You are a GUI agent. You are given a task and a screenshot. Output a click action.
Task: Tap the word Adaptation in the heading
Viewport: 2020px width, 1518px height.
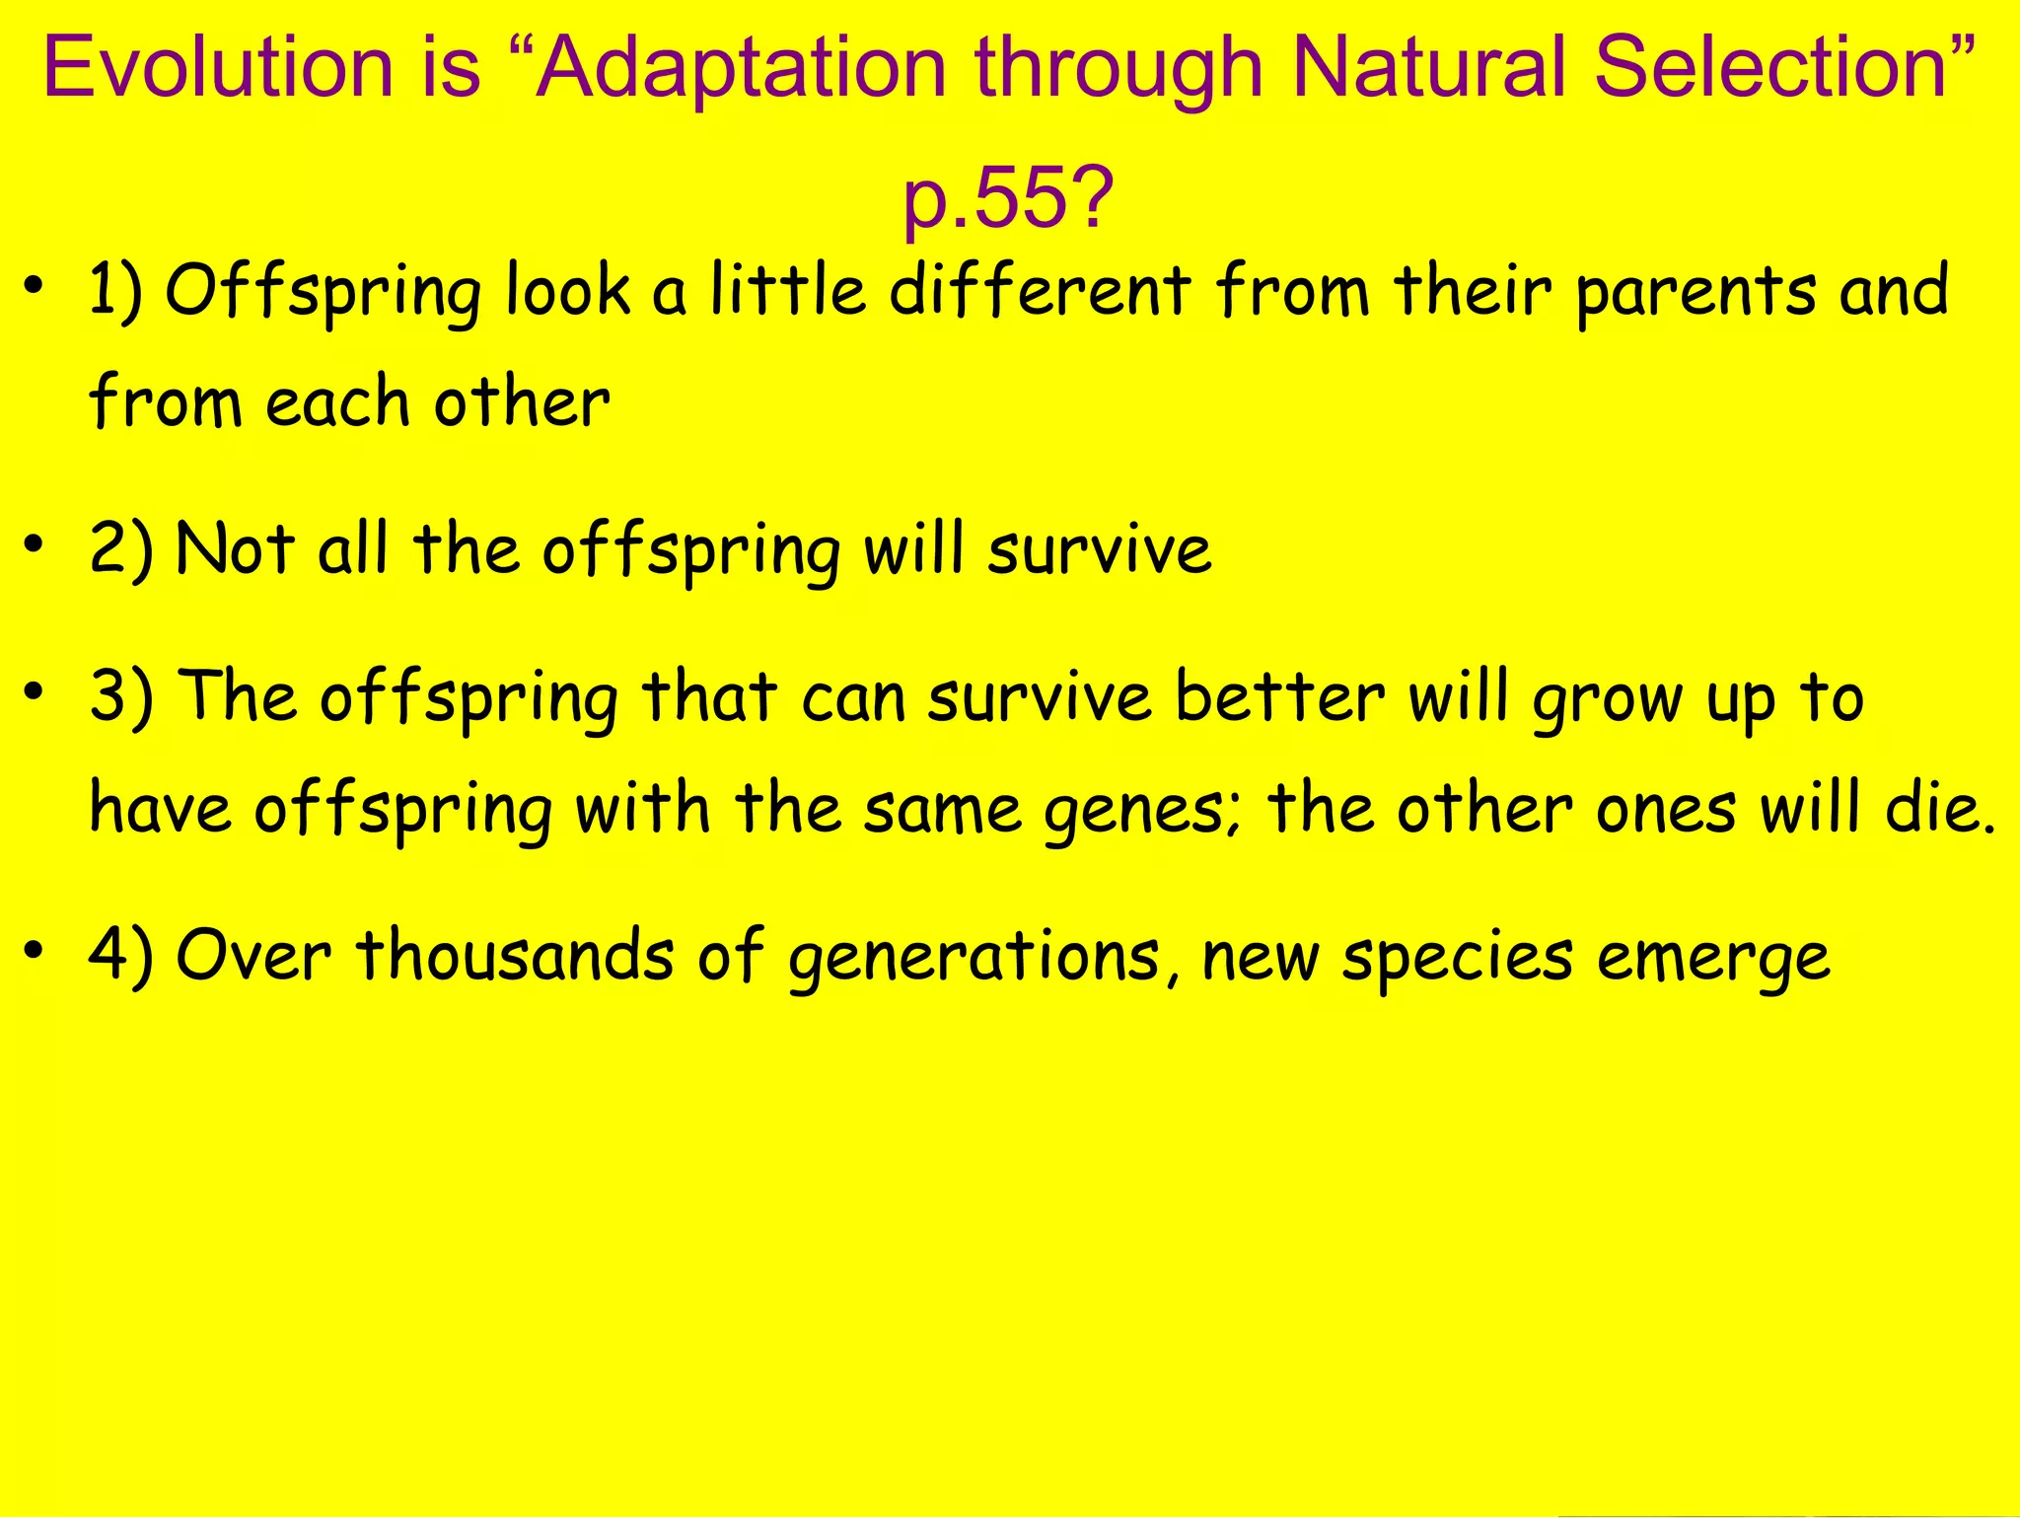(x=742, y=69)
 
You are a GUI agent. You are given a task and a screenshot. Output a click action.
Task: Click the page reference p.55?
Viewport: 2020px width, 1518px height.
(x=1008, y=197)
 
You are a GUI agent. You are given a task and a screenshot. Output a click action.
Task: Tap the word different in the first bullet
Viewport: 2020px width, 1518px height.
(x=1040, y=292)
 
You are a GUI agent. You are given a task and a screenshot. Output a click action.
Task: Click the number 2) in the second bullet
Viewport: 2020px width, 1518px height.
(x=120, y=549)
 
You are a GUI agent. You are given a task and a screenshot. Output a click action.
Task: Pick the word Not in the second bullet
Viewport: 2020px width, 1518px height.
(x=234, y=549)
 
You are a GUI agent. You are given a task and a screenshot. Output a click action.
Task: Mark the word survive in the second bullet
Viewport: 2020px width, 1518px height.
(x=1099, y=551)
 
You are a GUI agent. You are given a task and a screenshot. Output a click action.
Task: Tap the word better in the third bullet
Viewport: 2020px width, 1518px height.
(x=1280, y=697)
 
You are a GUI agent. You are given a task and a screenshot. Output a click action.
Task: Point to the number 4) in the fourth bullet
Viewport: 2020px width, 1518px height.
(x=120, y=956)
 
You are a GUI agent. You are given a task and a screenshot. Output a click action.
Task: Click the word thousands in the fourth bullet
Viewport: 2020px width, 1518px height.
(x=515, y=956)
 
